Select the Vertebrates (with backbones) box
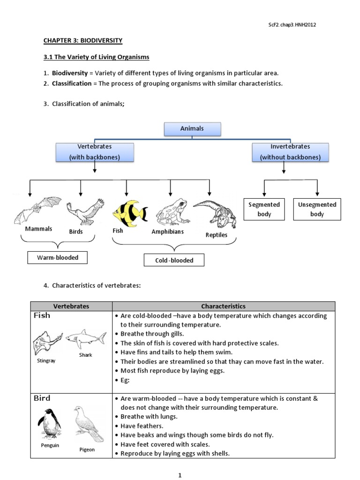pos(95,152)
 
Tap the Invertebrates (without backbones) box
pos(290,152)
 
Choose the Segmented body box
pos(264,209)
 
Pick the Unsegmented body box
pos(317,209)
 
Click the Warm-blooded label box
pos(58,257)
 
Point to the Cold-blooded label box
pos(174,260)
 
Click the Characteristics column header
pos(223,306)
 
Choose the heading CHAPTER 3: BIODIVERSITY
pos(83,41)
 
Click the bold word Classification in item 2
pos(72,83)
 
